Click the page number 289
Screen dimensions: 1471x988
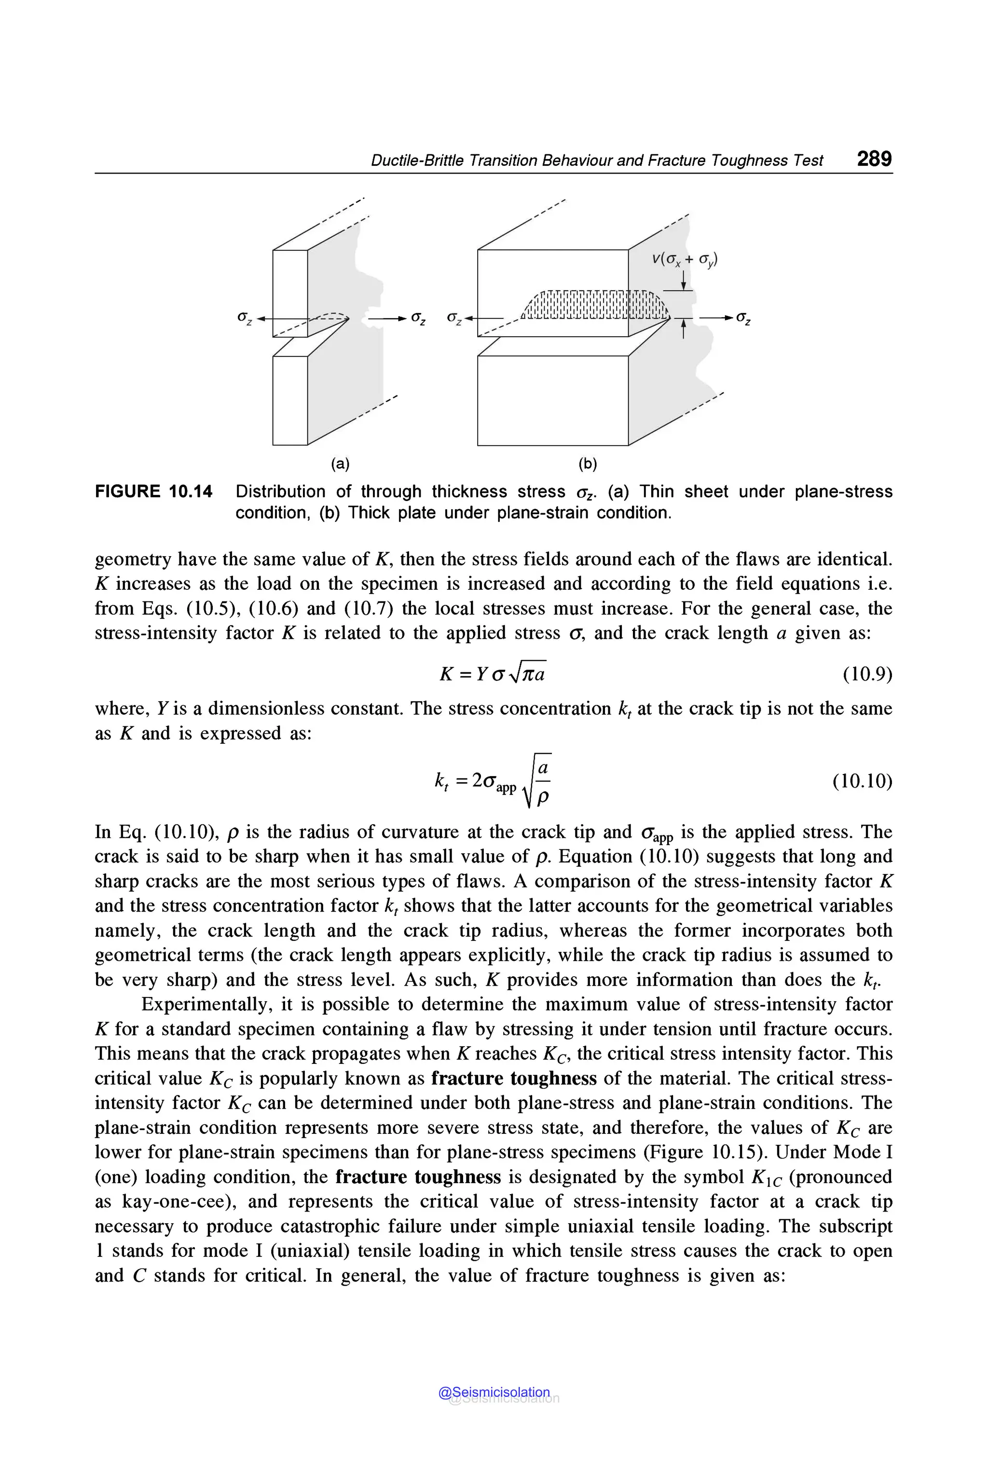[874, 159]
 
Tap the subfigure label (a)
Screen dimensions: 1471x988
[340, 464]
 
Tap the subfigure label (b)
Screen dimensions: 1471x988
[587, 464]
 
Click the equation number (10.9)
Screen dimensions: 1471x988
[867, 675]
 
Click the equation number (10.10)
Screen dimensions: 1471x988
[862, 781]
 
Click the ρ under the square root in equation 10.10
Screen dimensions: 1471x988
[543, 798]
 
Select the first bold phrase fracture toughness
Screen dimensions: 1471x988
[513, 1078]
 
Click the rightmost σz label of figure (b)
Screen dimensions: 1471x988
[743, 319]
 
